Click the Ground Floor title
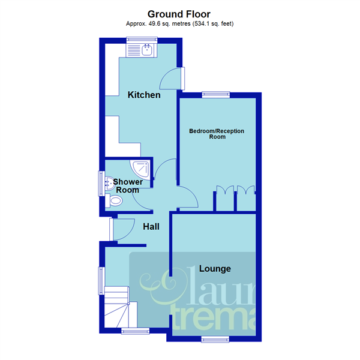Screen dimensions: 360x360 179,13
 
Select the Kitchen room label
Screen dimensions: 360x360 143,95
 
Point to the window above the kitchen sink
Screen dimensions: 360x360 142,40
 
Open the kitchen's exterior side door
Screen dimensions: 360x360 174,78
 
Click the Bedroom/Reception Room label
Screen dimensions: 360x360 217,133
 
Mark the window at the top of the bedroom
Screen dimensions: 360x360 215,93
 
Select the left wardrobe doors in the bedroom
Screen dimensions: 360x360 224,190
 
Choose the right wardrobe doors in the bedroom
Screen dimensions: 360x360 246,190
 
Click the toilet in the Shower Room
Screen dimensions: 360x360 115,202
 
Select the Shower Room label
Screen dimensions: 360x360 127,185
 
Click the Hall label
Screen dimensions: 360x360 151,227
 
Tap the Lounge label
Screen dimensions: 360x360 215,268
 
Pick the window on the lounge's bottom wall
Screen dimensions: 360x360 215,340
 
